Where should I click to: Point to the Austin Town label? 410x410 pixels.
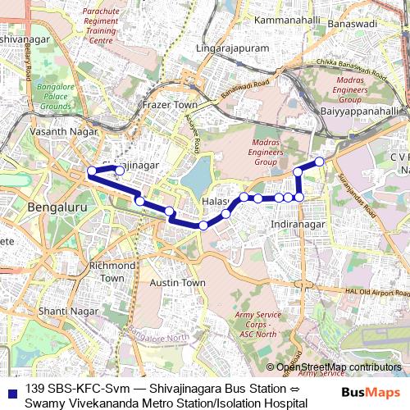pyautogui.click(x=178, y=282)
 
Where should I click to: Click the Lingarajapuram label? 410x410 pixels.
pyautogui.click(x=233, y=49)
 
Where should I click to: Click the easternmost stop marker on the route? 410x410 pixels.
pyautogui.click(x=320, y=162)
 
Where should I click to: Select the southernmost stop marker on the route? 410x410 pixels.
pyautogui.click(x=203, y=225)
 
